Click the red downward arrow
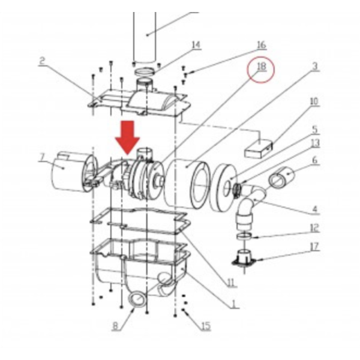[127, 136]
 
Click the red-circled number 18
[261, 67]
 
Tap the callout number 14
[196, 45]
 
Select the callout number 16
[261, 45]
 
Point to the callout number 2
[43, 61]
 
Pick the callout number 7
[42, 158]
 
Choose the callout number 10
[313, 101]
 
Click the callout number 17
[315, 245]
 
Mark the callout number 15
[206, 326]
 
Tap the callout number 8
[116, 327]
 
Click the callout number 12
[314, 227]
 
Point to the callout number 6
[315, 160]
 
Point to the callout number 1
[232, 304]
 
